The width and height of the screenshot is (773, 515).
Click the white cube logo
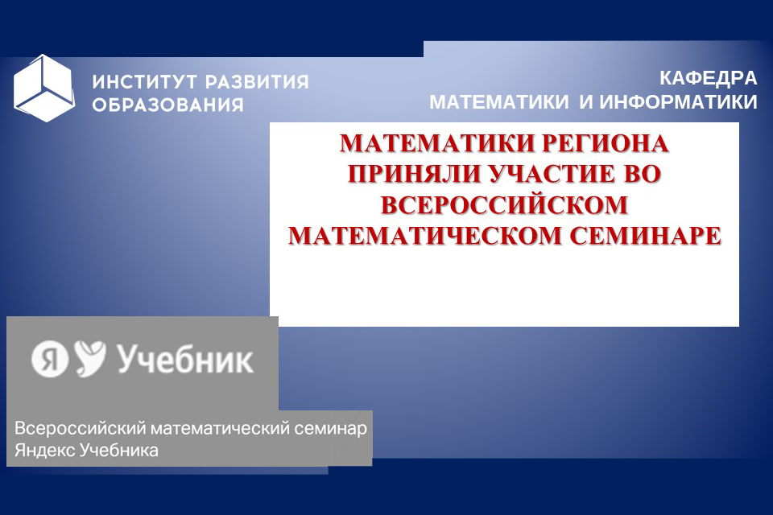tap(44, 89)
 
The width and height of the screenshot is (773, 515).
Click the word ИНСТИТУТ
tap(145, 82)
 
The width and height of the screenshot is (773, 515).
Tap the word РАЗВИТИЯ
tap(258, 82)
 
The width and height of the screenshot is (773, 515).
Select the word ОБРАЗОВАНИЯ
tap(168, 105)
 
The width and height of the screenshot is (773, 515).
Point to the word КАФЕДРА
tap(709, 78)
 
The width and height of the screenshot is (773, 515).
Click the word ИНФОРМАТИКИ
tap(678, 102)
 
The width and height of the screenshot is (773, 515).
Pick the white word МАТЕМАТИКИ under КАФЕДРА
tap(499, 102)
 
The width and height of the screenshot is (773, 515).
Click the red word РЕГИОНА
tap(605, 143)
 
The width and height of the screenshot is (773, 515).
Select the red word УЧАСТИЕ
tap(553, 174)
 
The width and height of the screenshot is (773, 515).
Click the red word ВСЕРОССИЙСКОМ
tap(504, 204)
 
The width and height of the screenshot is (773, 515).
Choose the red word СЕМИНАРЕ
tap(646, 236)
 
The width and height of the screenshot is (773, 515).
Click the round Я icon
tap(50, 360)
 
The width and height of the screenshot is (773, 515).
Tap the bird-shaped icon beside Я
tap(90, 358)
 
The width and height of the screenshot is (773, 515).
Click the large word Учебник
tap(185, 359)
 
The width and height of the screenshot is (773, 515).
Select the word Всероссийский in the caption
tap(81, 428)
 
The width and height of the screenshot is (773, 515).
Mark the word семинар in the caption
tap(331, 428)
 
